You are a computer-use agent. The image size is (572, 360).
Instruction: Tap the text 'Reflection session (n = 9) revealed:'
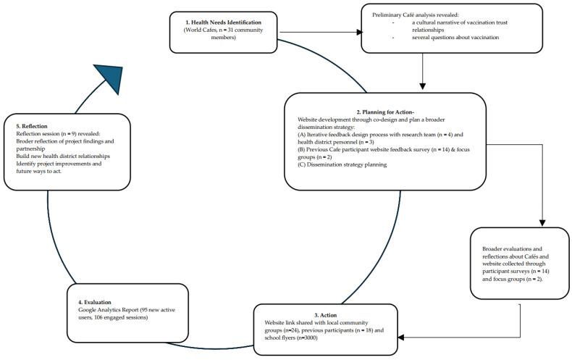point(60,133)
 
